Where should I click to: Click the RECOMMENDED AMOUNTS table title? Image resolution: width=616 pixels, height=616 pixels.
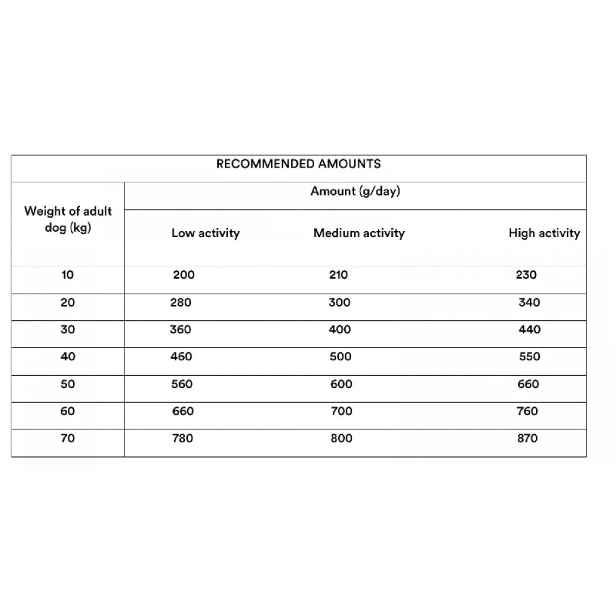[x=298, y=164]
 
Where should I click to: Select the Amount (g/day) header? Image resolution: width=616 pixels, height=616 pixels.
[x=355, y=191]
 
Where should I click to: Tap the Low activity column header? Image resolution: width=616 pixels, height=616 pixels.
[x=205, y=233]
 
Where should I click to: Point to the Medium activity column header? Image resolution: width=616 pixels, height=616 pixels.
[x=359, y=233]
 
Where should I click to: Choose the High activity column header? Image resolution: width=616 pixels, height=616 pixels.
[x=544, y=233]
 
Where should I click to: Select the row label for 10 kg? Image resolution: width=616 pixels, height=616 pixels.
[x=67, y=275]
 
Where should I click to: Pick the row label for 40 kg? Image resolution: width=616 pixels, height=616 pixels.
[x=68, y=357]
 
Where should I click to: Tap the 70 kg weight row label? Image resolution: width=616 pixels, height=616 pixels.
[x=68, y=439]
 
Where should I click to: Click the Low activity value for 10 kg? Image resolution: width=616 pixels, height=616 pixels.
[x=184, y=275]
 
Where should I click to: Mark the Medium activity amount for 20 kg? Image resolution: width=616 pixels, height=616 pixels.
[x=339, y=302]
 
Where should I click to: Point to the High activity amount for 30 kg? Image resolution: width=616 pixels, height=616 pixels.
[x=529, y=330]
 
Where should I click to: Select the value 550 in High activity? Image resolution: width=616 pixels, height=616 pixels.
[x=529, y=357]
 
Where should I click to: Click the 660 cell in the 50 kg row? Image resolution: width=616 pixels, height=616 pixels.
[x=528, y=384]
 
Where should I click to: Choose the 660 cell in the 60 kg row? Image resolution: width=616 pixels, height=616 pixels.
[x=182, y=411]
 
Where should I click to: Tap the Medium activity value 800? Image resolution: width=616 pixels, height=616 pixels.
[x=341, y=439]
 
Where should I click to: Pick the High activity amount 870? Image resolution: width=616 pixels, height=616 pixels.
[x=527, y=439]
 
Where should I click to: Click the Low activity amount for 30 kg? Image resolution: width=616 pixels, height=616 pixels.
[x=180, y=330]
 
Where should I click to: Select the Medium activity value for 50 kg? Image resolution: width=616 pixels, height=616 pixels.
[x=341, y=384]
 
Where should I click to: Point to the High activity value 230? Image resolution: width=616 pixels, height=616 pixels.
[x=526, y=275]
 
